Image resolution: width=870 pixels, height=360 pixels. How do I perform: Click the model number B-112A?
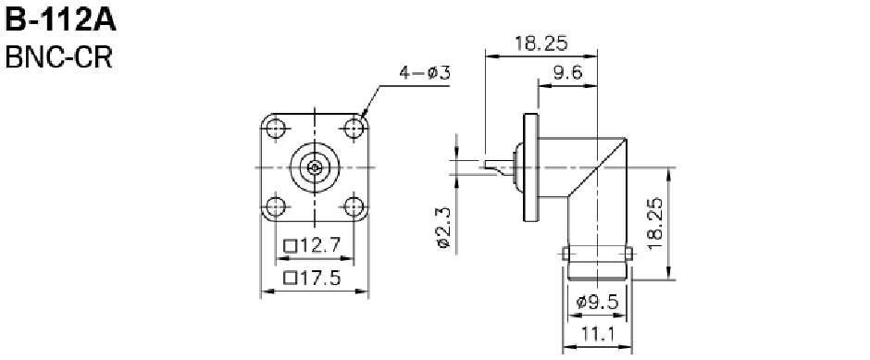pyautogui.click(x=60, y=20)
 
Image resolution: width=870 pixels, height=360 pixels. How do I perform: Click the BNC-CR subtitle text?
pyautogui.click(x=58, y=57)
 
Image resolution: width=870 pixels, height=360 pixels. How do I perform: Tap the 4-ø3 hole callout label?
pyautogui.click(x=425, y=73)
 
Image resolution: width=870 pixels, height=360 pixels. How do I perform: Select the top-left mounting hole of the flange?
pyautogui.click(x=275, y=129)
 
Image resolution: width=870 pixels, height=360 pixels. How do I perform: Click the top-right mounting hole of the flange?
pyautogui.click(x=354, y=129)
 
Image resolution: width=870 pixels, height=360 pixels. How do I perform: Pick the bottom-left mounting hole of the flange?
pyautogui.click(x=275, y=206)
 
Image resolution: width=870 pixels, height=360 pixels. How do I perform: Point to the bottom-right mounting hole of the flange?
pyautogui.click(x=354, y=206)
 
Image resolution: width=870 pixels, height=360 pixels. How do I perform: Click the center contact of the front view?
pyautogui.click(x=315, y=167)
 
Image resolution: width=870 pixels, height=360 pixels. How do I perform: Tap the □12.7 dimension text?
pyautogui.click(x=311, y=244)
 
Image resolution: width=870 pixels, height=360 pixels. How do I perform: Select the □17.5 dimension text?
pyautogui.click(x=311, y=278)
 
